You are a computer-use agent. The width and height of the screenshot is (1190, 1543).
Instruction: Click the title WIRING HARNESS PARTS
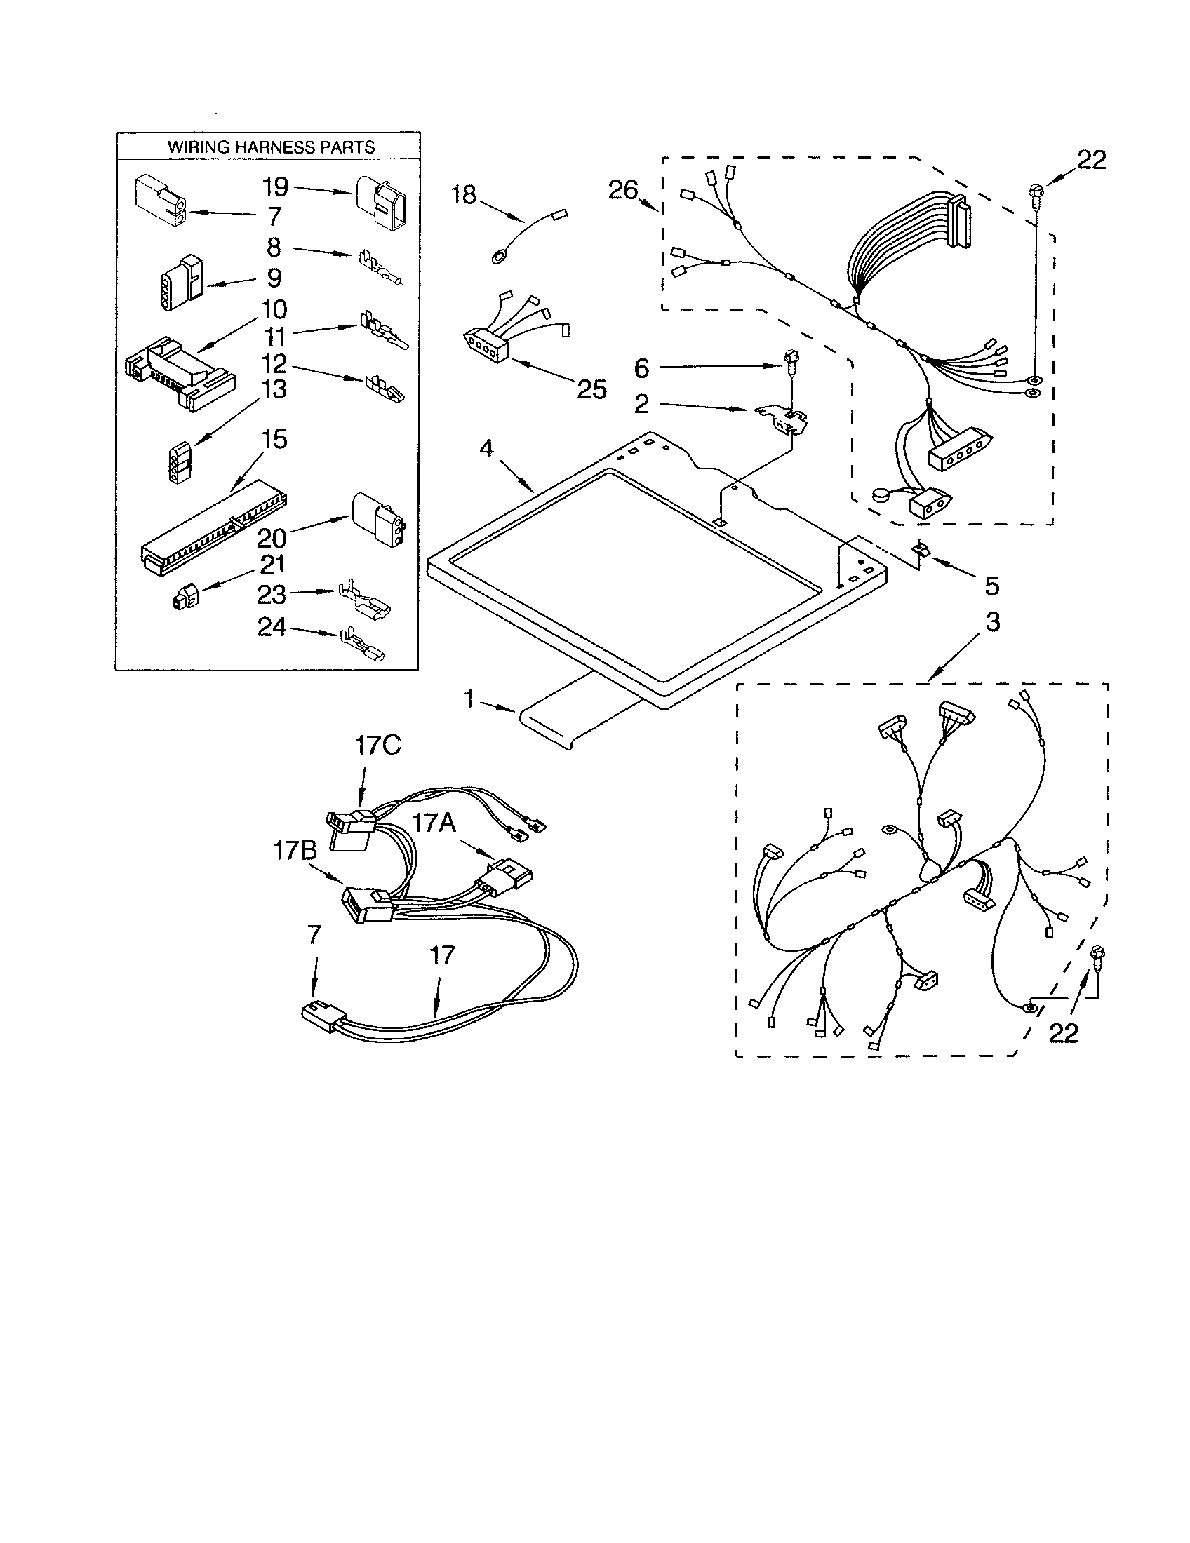tap(271, 147)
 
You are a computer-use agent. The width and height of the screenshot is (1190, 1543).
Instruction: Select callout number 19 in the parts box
tap(275, 187)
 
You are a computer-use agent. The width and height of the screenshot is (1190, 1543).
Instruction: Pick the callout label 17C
tap(377, 746)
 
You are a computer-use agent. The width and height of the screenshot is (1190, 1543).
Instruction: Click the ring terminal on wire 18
tap(498, 255)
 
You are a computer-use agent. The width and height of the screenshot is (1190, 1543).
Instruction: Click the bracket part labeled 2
tap(783, 420)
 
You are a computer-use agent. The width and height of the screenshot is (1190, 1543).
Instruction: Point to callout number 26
tap(623, 191)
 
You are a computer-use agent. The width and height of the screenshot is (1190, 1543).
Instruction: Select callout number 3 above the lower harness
tap(993, 623)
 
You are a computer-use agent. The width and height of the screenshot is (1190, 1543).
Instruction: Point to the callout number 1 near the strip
tap(470, 699)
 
